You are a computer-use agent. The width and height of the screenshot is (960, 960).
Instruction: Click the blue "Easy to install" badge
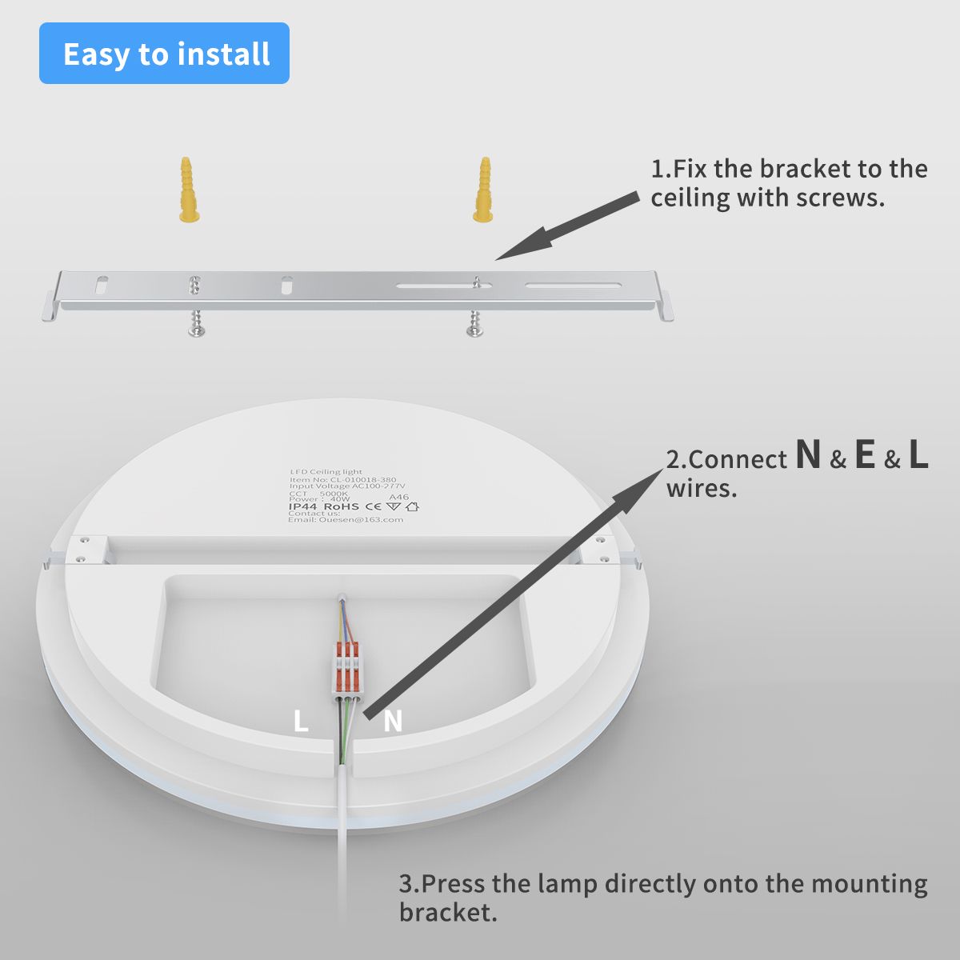pyautogui.click(x=164, y=54)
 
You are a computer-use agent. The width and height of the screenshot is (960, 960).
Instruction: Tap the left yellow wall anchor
pyautogui.click(x=189, y=190)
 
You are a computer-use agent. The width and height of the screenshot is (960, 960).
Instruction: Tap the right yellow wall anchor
pyautogui.click(x=483, y=190)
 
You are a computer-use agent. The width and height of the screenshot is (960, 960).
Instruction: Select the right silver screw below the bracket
pyautogui.click(x=475, y=323)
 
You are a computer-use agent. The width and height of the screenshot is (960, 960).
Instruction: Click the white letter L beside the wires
pyautogui.click(x=301, y=721)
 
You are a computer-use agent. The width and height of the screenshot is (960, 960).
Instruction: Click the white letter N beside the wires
pyautogui.click(x=392, y=721)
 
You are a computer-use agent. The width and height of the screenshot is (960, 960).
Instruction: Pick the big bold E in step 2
pyautogui.click(x=864, y=455)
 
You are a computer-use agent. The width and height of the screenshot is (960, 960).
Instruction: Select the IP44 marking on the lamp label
pyautogui.click(x=304, y=506)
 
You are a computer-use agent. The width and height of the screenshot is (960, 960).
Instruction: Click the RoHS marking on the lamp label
pyautogui.click(x=342, y=506)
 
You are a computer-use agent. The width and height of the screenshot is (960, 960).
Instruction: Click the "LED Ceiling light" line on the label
pyautogui.click(x=326, y=472)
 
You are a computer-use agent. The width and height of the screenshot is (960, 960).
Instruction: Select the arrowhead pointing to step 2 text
pyautogui.click(x=640, y=488)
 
